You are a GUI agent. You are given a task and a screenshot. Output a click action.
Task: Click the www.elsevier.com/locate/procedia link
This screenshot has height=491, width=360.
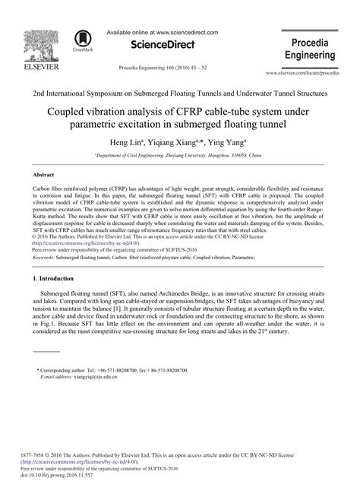pos(311,73)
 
